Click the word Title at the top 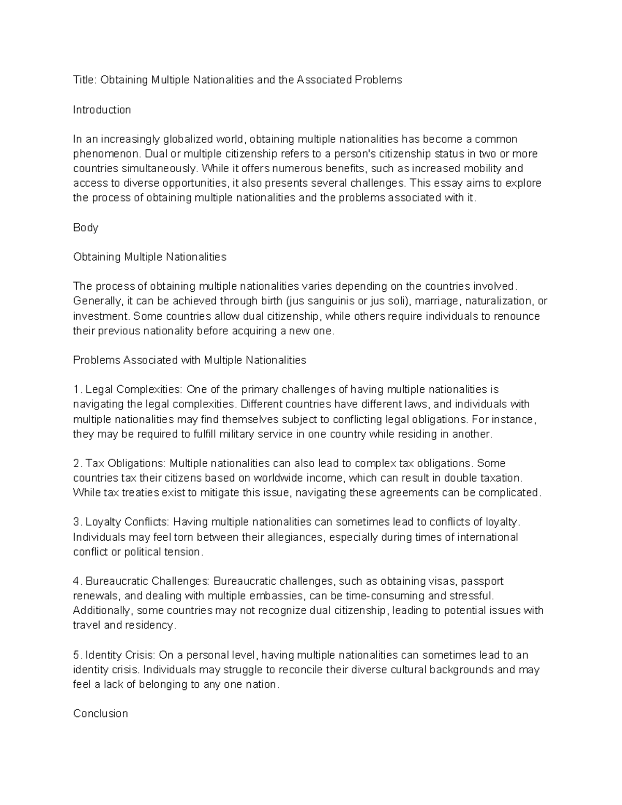pyautogui.click(x=84, y=80)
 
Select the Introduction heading pyautogui.click(x=102, y=109)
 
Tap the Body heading pyautogui.click(x=86, y=228)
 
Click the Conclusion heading pyautogui.click(x=101, y=713)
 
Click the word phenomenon pyautogui.click(x=106, y=154)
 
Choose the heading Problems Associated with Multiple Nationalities pyautogui.click(x=190, y=360)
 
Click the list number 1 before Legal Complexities pyautogui.click(x=76, y=389)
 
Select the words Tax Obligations pyautogui.click(x=124, y=463)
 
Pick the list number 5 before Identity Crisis pyautogui.click(x=76, y=655)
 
